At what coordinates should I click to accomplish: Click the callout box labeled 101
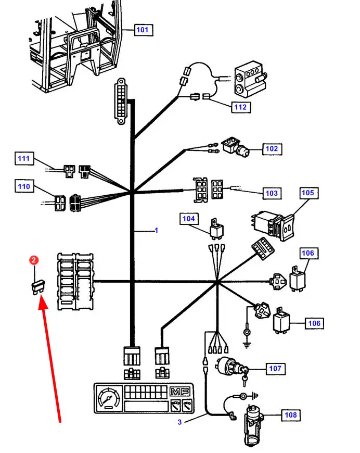click(x=142, y=30)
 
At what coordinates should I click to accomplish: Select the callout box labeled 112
click(x=241, y=107)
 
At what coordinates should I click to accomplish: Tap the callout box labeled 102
click(x=272, y=149)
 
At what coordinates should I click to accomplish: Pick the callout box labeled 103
click(x=272, y=193)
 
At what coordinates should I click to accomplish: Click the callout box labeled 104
click(x=189, y=219)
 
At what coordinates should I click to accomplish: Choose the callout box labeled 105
click(x=308, y=193)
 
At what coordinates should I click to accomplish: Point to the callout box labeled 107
click(x=275, y=369)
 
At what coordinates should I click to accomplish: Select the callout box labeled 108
click(x=291, y=415)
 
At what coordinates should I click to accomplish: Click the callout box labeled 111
click(x=24, y=158)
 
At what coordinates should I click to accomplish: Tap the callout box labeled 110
click(x=24, y=186)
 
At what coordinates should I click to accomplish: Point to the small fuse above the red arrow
click(x=38, y=286)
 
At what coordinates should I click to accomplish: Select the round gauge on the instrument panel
click(x=108, y=399)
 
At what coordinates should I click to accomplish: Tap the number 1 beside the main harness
click(x=156, y=230)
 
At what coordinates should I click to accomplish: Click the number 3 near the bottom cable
click(x=179, y=422)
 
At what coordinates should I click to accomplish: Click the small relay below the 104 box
click(x=214, y=228)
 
